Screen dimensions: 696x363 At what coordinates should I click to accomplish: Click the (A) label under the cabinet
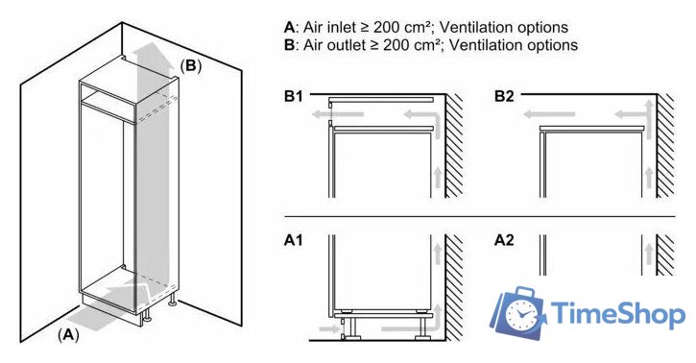tap(68, 335)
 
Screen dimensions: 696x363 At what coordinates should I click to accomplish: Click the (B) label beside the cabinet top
tap(190, 65)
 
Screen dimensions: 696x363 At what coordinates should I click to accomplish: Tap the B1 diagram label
tap(294, 96)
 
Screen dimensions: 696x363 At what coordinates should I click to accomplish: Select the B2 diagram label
tap(504, 96)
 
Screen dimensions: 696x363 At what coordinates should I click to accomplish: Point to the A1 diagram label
tap(294, 240)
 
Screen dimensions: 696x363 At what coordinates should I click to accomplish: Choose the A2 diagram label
tap(504, 240)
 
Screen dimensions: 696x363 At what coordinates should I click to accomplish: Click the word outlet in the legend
tap(345, 45)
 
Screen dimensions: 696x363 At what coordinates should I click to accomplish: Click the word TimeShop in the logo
tap(618, 313)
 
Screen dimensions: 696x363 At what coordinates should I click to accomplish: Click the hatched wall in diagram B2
tap(666, 146)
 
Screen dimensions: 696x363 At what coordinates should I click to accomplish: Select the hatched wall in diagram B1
tap(454, 146)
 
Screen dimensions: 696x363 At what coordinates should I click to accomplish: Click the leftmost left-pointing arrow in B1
tap(338, 114)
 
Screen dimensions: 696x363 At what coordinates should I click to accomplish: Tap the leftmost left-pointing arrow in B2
tap(549, 114)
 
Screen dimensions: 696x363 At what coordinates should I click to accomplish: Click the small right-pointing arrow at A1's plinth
tap(329, 329)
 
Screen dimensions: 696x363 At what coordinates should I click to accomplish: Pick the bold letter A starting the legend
tap(289, 28)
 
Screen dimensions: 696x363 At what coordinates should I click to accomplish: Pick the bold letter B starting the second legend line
tap(289, 45)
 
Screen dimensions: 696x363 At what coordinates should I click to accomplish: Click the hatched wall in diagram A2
tap(666, 254)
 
